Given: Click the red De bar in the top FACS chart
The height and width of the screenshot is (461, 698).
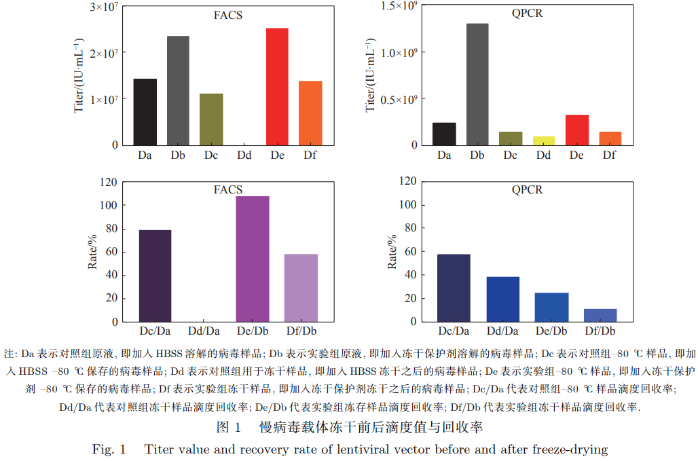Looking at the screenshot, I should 277,86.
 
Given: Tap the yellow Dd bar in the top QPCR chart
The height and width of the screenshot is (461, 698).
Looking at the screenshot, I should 544,141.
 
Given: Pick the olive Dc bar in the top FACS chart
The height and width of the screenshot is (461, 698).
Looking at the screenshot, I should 211,119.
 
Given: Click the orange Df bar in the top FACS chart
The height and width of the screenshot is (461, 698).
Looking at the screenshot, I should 310,113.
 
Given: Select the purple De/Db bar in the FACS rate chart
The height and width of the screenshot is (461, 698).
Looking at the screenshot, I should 253,259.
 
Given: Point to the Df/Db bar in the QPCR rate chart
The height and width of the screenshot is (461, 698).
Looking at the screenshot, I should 600,315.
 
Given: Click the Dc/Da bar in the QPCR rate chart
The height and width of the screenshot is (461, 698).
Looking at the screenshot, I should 454,288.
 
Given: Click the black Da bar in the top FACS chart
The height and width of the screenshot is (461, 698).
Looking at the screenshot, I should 145,112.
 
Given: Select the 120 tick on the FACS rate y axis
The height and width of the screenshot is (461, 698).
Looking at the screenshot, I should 109,182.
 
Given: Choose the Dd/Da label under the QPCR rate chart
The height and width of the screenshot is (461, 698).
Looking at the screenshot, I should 503,331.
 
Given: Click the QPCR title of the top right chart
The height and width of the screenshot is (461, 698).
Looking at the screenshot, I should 527,14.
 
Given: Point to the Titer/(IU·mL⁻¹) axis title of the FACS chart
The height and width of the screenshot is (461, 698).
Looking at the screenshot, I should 79,76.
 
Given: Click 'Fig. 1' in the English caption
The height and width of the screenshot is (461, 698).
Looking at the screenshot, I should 109,449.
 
